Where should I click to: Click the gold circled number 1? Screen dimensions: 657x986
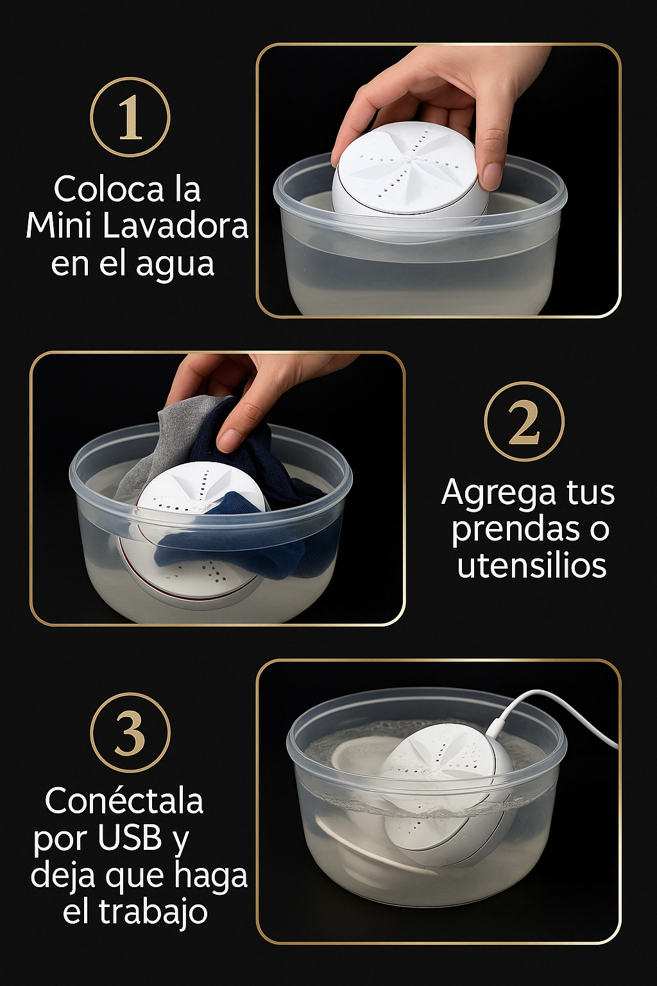click(130, 117)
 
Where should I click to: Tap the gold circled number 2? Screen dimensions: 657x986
click(524, 421)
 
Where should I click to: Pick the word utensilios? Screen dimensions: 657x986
click(532, 565)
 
